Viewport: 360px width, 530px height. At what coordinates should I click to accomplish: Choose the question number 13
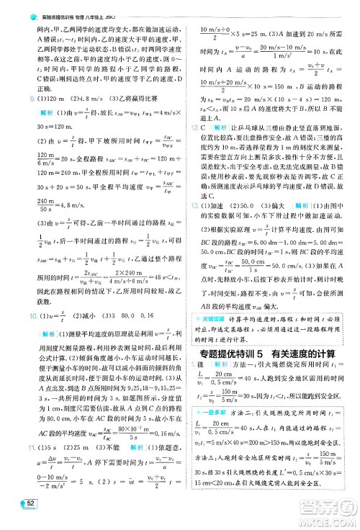coord(186,205)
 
